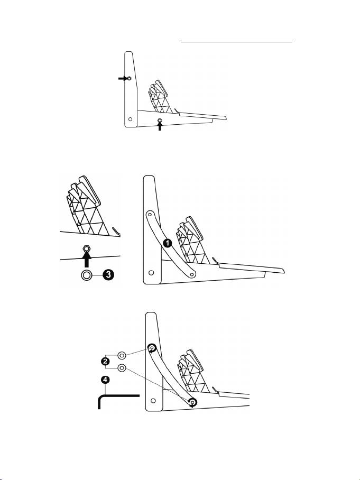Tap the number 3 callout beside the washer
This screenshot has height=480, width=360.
108,275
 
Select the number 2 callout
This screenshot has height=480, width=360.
105,361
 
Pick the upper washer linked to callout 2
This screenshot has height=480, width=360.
122,355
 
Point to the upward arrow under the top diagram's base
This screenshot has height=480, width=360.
160,127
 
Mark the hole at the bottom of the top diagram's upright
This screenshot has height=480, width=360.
131,119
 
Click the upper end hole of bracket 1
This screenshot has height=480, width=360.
150,214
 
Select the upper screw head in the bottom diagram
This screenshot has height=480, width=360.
152,348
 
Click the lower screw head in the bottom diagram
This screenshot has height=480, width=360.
192,403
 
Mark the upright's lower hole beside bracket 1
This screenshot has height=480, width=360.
152,273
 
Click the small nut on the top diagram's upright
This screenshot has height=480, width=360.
128,78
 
